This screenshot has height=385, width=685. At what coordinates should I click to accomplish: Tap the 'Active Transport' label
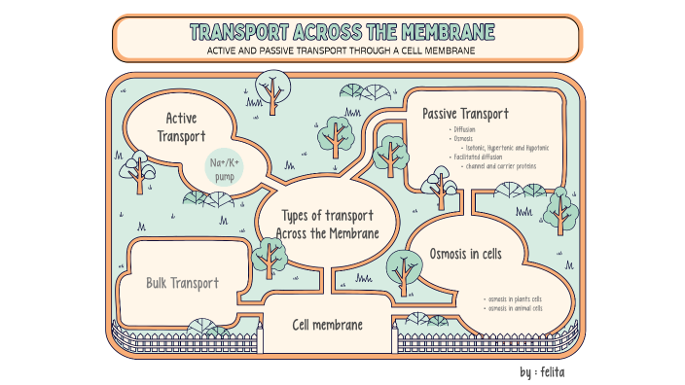pos(182,127)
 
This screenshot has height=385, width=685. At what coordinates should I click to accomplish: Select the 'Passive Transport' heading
pos(466,114)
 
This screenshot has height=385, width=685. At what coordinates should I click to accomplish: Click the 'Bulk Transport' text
pos(182,283)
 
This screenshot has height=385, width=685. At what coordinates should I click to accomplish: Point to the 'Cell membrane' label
pos(328,324)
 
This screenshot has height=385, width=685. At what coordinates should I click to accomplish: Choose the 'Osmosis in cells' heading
pos(465,254)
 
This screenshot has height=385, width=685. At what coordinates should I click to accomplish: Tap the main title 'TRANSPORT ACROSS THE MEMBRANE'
pos(342,32)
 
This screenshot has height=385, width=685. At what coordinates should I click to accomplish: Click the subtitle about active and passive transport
pos(342,51)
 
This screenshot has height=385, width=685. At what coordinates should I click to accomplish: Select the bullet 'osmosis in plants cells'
pos(513,298)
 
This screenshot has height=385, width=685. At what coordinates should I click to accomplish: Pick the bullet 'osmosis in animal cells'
pos(514,308)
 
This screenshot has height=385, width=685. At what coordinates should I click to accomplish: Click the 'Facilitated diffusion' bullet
pos(476,157)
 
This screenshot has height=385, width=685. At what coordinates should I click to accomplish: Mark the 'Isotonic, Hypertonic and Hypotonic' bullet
pos(507,148)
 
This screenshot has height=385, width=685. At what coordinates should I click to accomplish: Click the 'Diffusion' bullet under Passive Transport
pos(464,129)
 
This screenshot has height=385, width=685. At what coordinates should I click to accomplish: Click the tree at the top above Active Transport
pos(271,87)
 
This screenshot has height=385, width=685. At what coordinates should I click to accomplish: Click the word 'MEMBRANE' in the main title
pos(442,32)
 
